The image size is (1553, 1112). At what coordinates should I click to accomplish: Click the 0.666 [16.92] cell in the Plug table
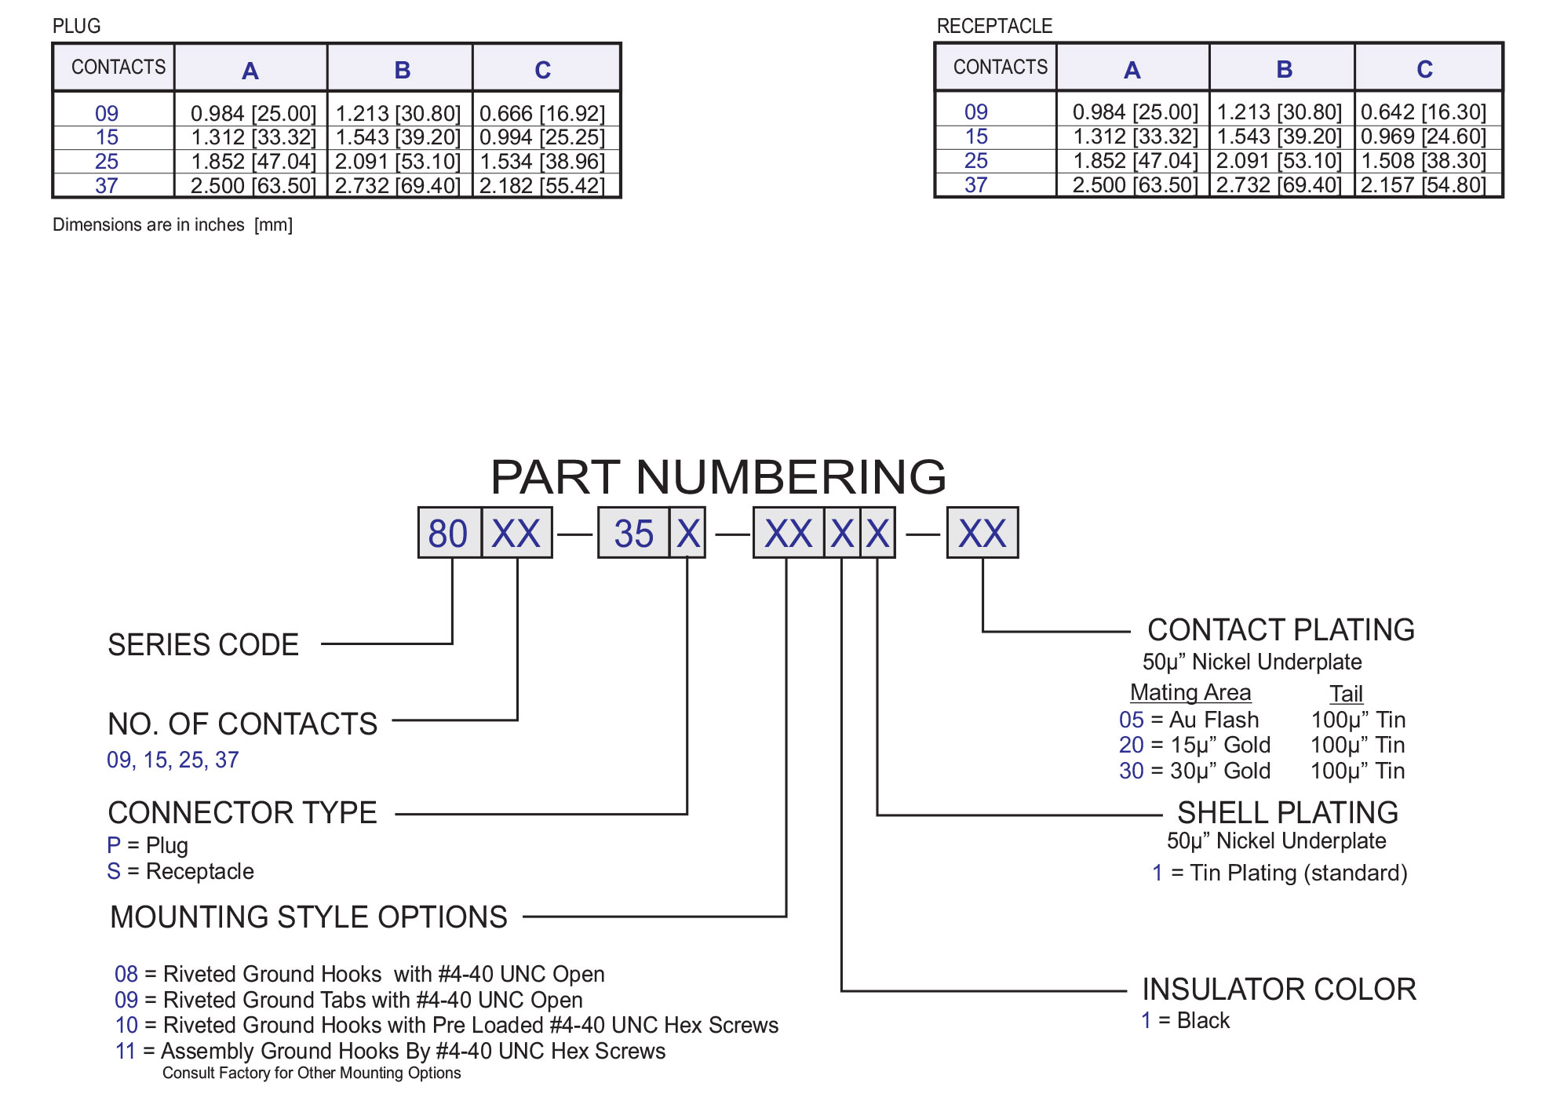click(542, 114)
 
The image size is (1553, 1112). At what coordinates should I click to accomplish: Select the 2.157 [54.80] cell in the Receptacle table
click(1424, 185)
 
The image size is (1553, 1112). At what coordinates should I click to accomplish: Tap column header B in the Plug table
click(402, 70)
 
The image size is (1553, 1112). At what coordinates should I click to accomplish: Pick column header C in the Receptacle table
click(1424, 69)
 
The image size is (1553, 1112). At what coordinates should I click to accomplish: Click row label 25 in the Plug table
click(107, 162)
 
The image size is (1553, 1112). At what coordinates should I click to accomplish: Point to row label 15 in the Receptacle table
click(976, 137)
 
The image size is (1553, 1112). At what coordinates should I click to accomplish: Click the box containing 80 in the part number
click(448, 534)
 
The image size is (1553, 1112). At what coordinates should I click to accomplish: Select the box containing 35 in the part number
click(634, 534)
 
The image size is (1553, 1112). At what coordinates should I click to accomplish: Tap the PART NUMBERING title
click(718, 476)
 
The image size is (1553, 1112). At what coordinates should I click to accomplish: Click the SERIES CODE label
click(203, 645)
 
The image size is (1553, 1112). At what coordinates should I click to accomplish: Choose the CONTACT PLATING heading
click(1281, 630)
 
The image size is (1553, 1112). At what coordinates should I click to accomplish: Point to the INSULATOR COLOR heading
click(1279, 990)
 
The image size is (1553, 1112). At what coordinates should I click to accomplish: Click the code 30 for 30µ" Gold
click(1131, 771)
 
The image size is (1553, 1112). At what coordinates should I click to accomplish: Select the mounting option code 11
click(126, 1051)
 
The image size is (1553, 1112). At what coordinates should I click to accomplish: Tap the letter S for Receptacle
click(114, 871)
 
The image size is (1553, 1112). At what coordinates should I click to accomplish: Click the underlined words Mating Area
click(1190, 692)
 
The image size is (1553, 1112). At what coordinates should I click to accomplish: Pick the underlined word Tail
click(1346, 694)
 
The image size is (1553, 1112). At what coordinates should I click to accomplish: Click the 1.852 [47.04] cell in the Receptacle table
click(1135, 161)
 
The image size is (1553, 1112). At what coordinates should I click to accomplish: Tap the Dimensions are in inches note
click(172, 225)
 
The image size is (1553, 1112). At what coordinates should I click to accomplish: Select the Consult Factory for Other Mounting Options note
click(312, 1073)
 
